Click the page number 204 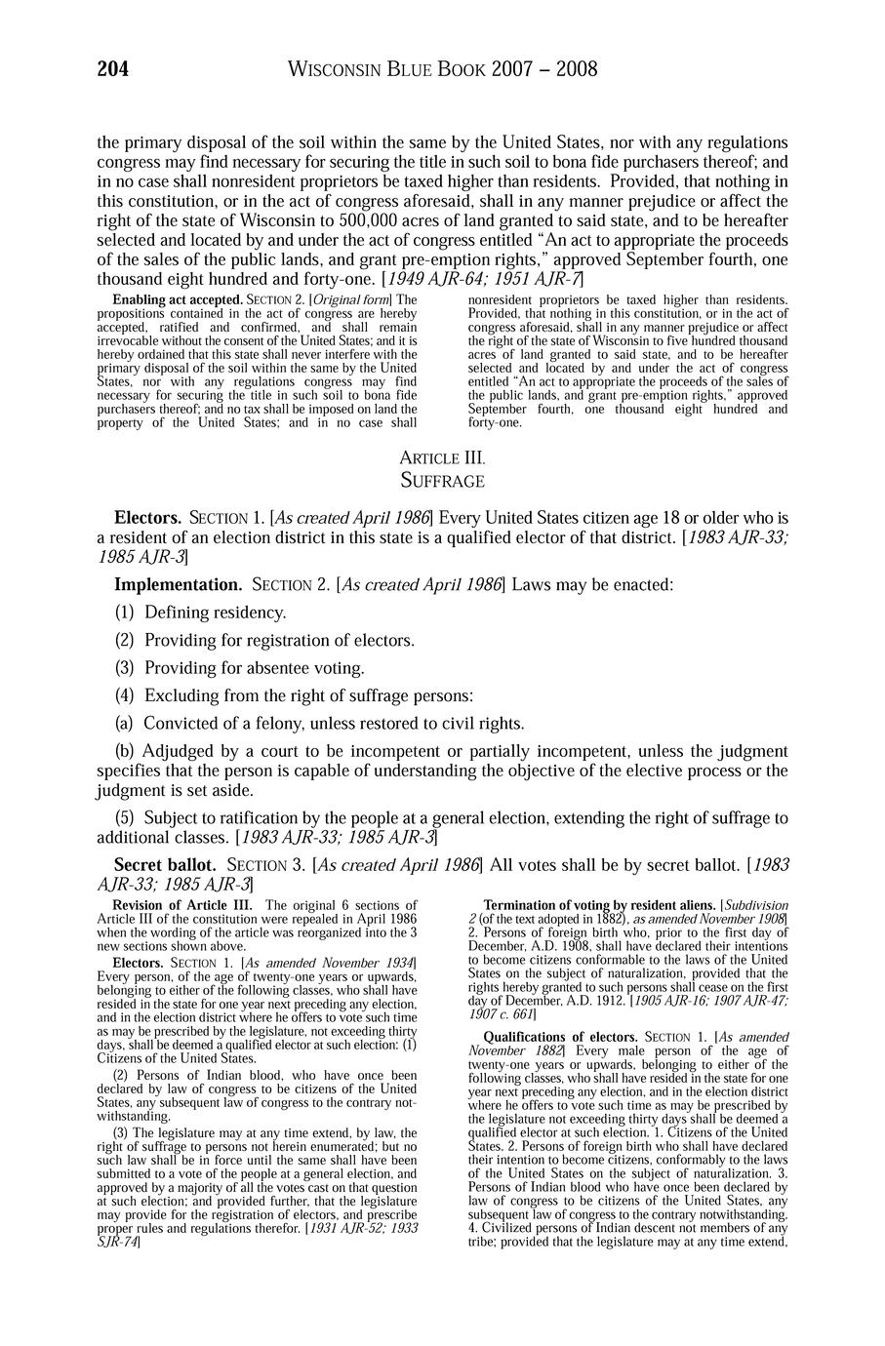pyautogui.click(x=113, y=69)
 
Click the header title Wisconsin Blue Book pyautogui.click(x=389, y=69)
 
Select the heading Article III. pyautogui.click(x=442, y=457)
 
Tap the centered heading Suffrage pyautogui.click(x=442, y=480)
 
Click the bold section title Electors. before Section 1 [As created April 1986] pyautogui.click(x=147, y=517)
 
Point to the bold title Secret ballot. pyautogui.click(x=165, y=864)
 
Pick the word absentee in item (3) pyautogui.click(x=287, y=668)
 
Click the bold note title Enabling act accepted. pyautogui.click(x=178, y=299)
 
